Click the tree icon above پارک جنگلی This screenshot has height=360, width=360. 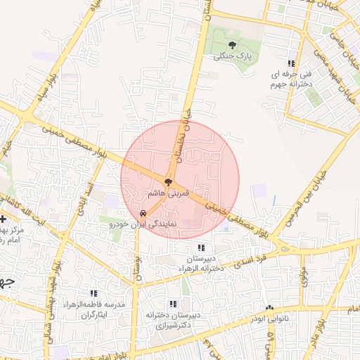click(232, 45)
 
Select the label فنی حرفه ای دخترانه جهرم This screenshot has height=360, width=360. click(288, 79)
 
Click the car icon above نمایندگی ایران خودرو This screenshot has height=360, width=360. click(143, 212)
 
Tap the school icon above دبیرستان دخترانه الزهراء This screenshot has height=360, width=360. click(202, 247)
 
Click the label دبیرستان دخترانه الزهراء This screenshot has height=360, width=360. click(202, 262)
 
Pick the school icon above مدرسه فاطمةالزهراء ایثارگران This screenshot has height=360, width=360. click(93, 293)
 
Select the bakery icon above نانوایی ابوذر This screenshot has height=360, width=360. click(269, 308)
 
